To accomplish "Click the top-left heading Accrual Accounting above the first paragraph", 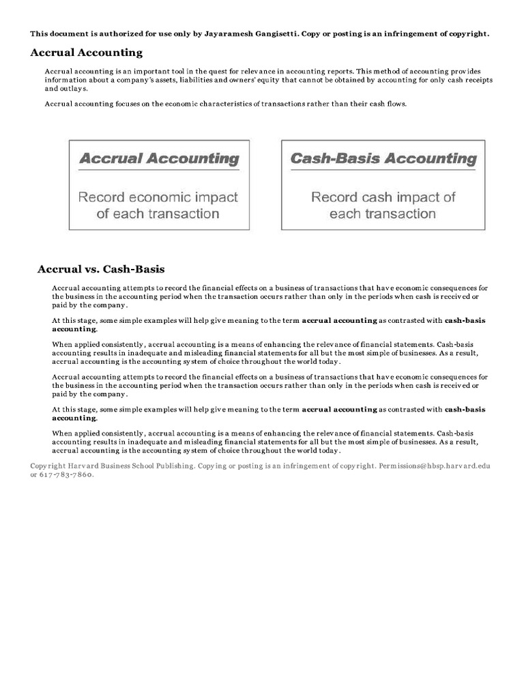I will pos(86,53).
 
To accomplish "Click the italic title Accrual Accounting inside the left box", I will pos(159,159).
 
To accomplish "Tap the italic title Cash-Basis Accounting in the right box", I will pos(383,159).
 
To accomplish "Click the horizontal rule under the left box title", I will pos(159,171).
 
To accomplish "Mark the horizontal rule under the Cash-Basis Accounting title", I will pos(383,171).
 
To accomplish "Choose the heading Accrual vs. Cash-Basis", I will pos(101,269).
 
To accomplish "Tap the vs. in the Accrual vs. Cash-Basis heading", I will pos(91,269).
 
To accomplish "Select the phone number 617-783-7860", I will pos(65,474).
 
